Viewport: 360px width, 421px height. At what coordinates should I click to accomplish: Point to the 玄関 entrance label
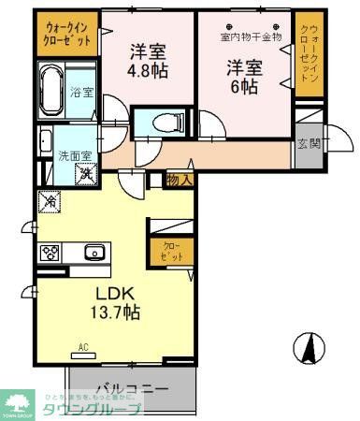click(x=308, y=143)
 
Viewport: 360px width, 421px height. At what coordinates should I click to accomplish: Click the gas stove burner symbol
click(x=50, y=252)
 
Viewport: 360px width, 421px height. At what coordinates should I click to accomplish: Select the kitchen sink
click(x=94, y=252)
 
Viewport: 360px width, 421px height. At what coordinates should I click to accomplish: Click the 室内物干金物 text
click(x=251, y=37)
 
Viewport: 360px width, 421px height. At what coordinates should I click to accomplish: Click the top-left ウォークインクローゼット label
click(x=67, y=35)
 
